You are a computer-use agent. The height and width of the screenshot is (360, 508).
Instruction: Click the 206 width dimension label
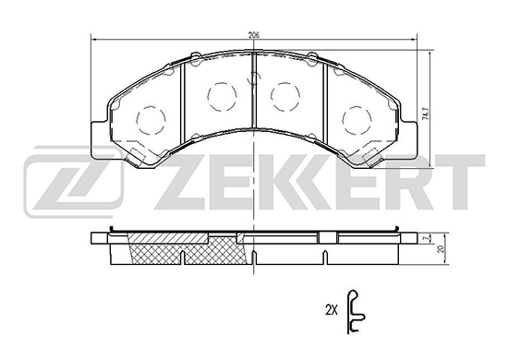(x=254, y=35)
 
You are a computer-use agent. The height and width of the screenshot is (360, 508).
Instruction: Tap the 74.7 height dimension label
(x=427, y=114)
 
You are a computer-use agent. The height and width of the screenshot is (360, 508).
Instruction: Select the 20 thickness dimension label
(x=440, y=248)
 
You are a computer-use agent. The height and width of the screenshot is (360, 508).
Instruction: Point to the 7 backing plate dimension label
(x=428, y=238)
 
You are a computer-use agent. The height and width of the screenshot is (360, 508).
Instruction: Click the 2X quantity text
(x=331, y=311)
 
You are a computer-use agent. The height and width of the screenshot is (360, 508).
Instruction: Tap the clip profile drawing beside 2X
(x=356, y=311)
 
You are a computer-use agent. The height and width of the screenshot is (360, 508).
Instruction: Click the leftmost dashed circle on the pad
(x=151, y=119)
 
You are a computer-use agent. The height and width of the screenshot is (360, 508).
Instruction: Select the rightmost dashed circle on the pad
(x=357, y=119)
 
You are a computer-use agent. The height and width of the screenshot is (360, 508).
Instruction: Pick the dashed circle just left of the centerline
(x=223, y=97)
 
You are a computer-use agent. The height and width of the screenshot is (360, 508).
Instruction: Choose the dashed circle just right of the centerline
(x=285, y=97)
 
